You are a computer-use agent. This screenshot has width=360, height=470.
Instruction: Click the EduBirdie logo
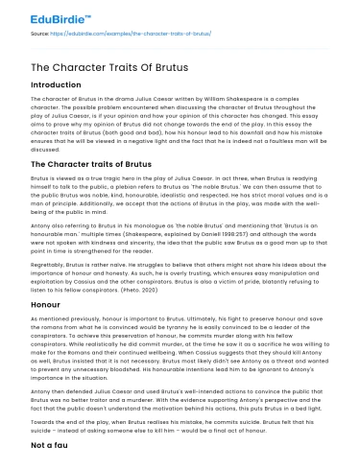tap(46, 16)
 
